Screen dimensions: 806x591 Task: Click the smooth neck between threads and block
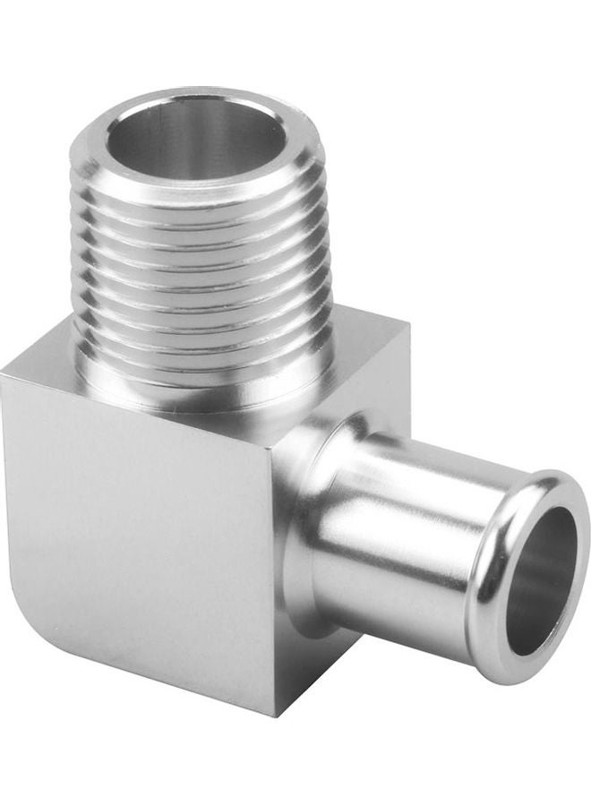(x=206, y=394)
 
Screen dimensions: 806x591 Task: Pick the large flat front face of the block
(x=134, y=519)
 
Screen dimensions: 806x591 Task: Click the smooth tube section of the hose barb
(x=403, y=537)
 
